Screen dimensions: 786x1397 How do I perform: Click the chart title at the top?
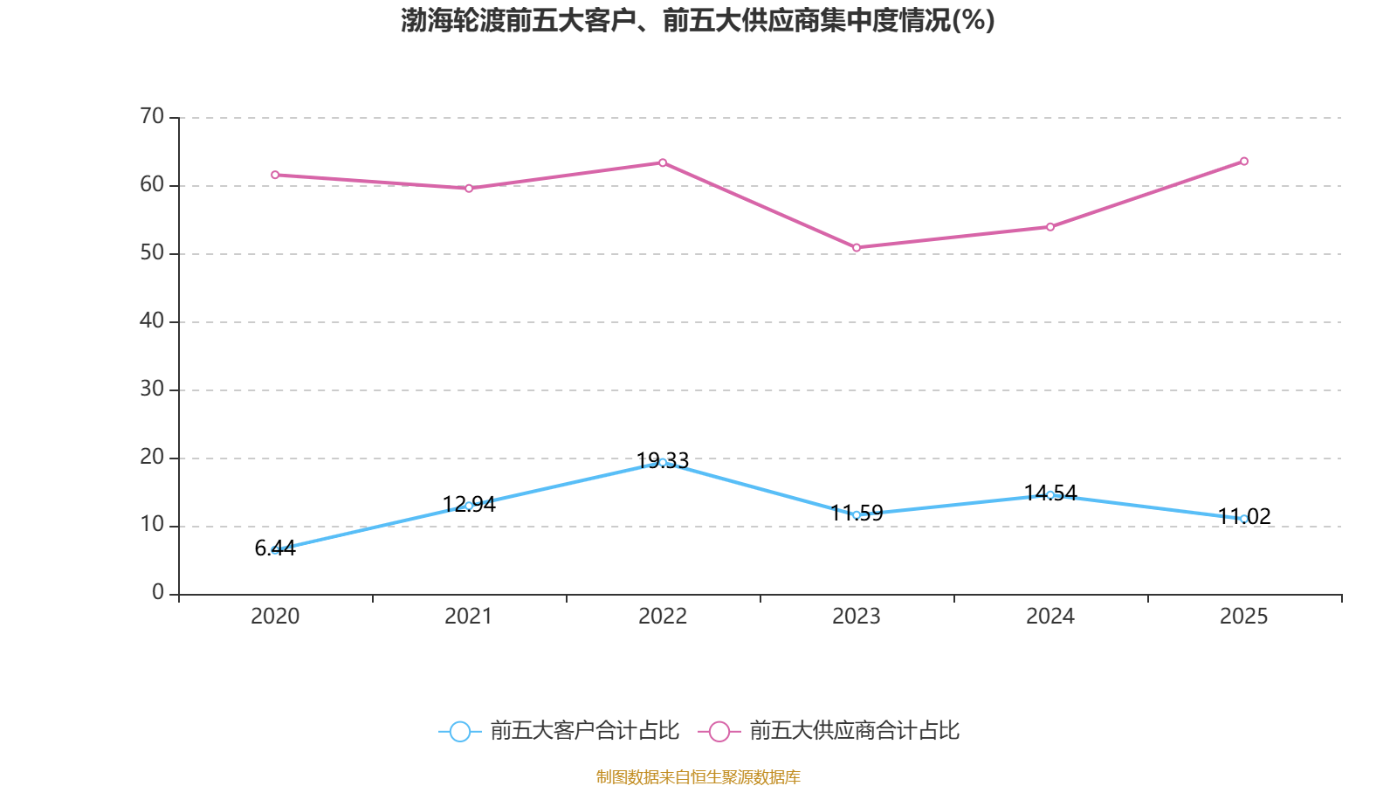click(698, 20)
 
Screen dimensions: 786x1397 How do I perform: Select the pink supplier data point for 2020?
click(275, 175)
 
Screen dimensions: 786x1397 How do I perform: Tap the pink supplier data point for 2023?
click(857, 248)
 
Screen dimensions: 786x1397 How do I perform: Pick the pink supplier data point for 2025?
click(1244, 162)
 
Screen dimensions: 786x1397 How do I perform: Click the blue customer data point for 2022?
click(663, 462)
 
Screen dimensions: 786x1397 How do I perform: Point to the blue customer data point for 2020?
click(275, 550)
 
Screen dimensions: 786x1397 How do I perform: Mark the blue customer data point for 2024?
click(1050, 495)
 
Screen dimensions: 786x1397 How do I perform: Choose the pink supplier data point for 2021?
click(469, 188)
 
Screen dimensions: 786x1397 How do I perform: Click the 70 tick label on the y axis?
click(152, 116)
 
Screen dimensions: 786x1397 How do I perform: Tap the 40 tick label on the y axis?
click(152, 321)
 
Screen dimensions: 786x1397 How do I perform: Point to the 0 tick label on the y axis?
click(158, 593)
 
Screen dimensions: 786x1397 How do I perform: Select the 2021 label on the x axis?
click(469, 617)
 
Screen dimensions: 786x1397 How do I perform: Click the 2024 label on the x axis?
click(1050, 617)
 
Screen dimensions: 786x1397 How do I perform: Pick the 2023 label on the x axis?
click(857, 617)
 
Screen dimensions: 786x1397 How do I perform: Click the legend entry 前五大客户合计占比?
click(584, 731)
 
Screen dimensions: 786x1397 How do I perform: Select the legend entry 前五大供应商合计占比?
click(854, 731)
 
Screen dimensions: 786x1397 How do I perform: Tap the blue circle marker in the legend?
click(460, 732)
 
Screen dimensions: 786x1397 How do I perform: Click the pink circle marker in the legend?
click(719, 732)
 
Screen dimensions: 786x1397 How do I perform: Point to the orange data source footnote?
click(698, 776)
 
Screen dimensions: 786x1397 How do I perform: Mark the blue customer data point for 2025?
click(1244, 519)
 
